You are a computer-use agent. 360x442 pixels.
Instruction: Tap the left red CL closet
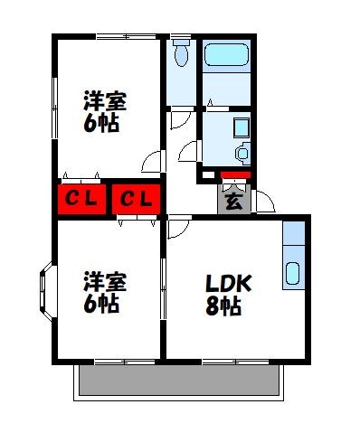click(82, 198)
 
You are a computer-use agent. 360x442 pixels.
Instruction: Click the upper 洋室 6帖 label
click(104, 111)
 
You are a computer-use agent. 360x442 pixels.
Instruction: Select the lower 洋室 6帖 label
click(104, 291)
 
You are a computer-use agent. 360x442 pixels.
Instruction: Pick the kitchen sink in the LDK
click(295, 273)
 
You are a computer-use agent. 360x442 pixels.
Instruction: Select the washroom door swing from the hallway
click(191, 151)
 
